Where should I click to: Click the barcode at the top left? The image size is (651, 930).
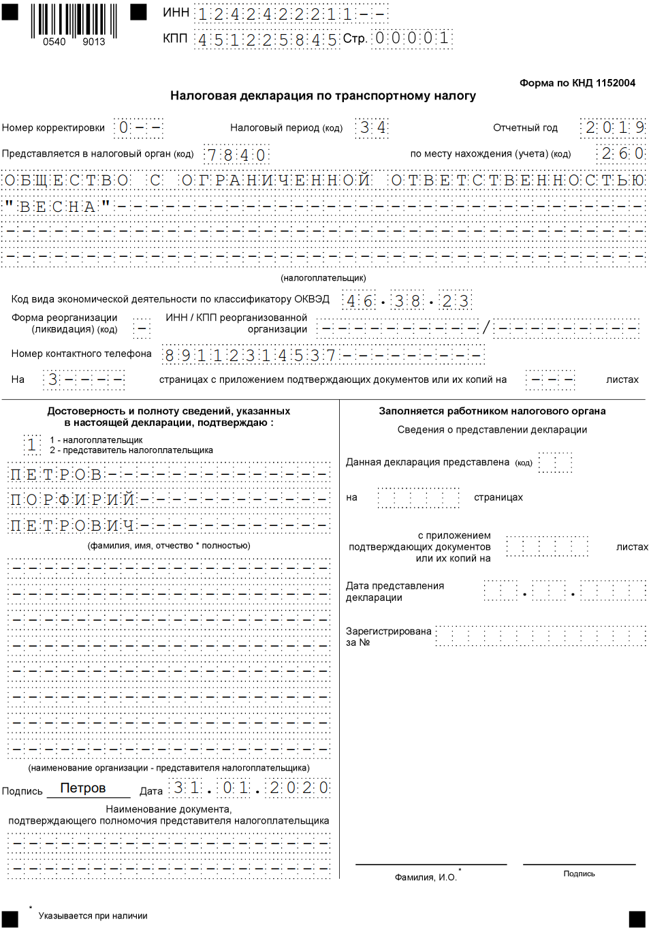74,22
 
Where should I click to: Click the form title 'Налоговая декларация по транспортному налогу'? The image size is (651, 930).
323,96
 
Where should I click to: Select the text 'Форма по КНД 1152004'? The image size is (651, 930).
577,83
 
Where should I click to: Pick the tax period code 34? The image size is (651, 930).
372,128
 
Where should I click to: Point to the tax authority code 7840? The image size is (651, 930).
236,155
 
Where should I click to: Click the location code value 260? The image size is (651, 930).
622,154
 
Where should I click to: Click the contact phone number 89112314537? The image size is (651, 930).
250,356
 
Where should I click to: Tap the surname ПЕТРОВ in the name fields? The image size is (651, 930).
56,475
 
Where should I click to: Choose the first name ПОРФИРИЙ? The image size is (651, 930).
72,500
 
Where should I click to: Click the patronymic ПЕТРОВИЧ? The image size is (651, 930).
72,526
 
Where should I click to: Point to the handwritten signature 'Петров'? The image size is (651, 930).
83,788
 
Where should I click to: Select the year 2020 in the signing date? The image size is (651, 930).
298,788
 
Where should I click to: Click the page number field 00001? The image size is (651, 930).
412,38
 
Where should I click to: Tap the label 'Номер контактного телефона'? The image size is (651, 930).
81,354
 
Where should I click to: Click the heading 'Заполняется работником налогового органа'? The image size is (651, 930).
492,411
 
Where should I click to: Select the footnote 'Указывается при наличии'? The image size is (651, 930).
93,916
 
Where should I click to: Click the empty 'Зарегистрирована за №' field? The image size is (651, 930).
541,636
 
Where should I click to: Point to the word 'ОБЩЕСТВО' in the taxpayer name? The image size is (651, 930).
67,181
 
